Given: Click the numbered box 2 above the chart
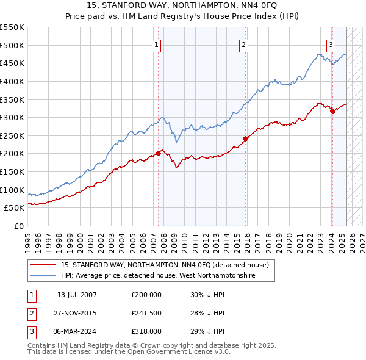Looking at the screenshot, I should click(x=243, y=44).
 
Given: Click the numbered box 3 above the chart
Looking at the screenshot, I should click(x=331, y=44).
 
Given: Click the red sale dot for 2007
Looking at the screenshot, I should click(x=158, y=153).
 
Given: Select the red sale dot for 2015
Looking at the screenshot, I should click(x=246, y=139).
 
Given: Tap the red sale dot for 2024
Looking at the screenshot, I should click(x=332, y=111).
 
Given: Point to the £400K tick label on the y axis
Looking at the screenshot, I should click(x=12, y=81).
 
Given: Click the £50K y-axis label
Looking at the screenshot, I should click(x=15, y=208).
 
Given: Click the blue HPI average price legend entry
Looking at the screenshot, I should click(x=157, y=276).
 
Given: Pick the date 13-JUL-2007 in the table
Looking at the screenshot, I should click(x=77, y=295).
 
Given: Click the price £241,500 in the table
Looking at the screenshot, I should click(x=146, y=313).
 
